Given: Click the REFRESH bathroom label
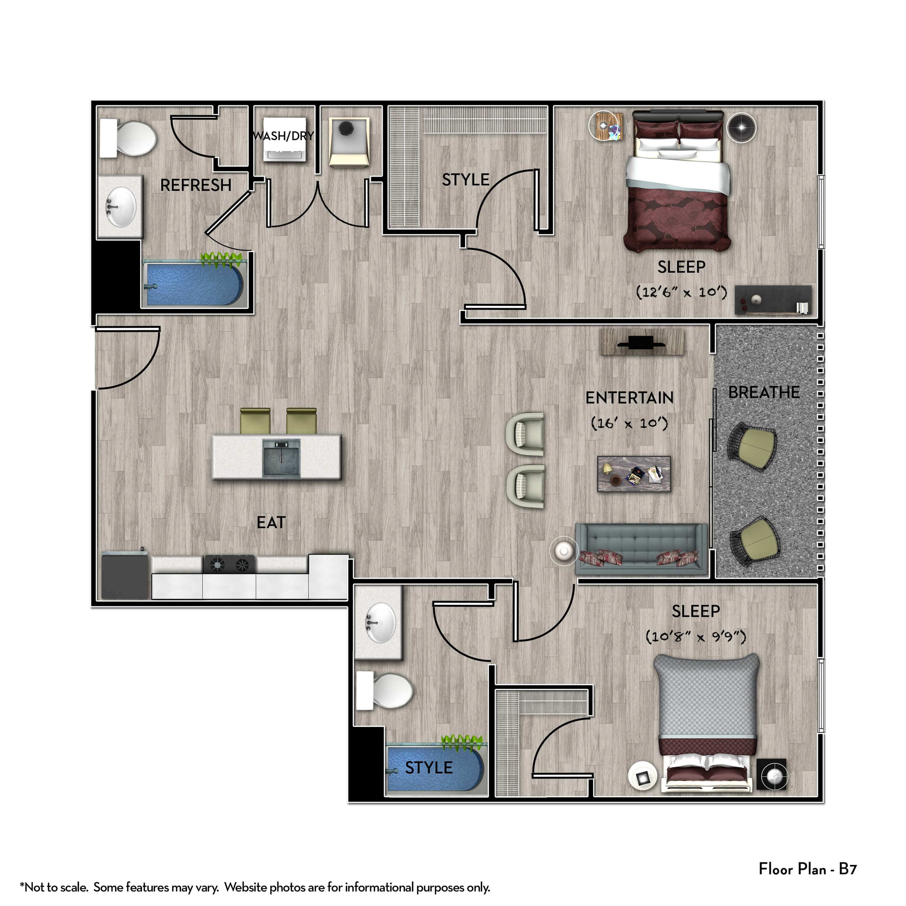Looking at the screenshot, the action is (196, 185).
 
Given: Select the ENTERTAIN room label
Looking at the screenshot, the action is (629, 398).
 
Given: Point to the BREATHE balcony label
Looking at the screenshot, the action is (764, 392).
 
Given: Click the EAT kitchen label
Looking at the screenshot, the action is (271, 522).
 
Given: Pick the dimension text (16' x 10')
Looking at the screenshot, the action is (629, 423).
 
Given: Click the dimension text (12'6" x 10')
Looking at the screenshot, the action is (681, 292).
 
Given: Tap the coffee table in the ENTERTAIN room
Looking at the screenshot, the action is (634, 474).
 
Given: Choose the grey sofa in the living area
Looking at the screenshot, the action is (641, 549).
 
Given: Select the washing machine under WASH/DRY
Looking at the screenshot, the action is (285, 139).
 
